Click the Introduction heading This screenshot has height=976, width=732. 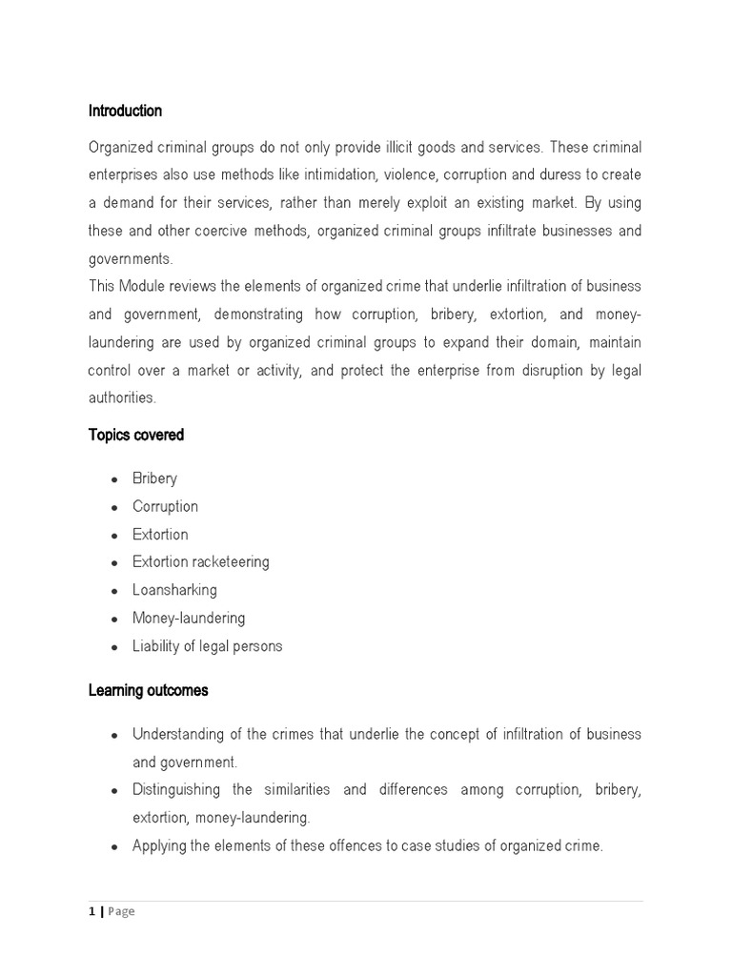(x=125, y=112)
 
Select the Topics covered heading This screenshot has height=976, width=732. (x=136, y=436)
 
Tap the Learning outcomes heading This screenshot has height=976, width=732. (x=148, y=691)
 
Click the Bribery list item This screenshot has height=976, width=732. (x=154, y=478)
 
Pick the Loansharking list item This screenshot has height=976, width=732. (x=174, y=590)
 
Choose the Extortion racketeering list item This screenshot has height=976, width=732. (x=200, y=562)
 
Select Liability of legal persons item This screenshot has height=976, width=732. (x=207, y=646)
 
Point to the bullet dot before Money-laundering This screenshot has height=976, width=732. (x=114, y=620)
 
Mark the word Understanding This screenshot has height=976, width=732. (x=175, y=735)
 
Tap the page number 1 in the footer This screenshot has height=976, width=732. (x=92, y=912)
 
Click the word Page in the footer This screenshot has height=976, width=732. (x=121, y=912)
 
